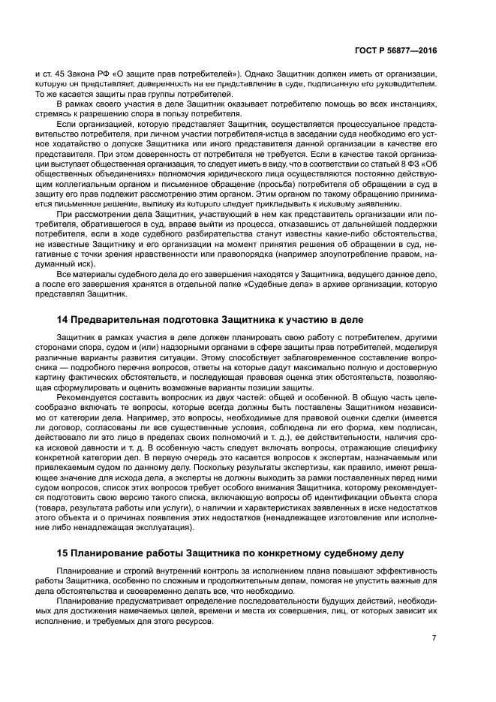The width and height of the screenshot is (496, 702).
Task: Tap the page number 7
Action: pyautogui.click(x=434, y=638)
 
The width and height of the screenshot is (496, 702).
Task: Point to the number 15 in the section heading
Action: pyautogui.click(x=63, y=553)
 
